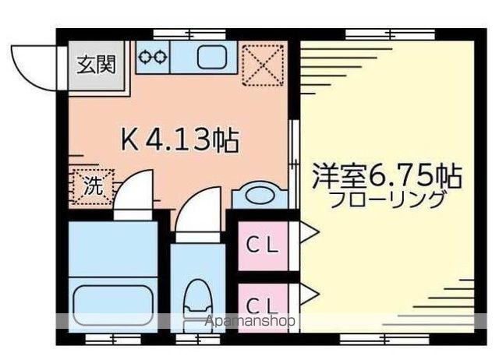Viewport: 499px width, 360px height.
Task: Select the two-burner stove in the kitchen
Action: coord(153,57)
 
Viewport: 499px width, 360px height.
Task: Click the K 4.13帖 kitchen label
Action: coord(179,140)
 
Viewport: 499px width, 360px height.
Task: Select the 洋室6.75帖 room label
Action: coord(387,175)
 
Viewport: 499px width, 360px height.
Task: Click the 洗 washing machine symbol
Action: coord(93,186)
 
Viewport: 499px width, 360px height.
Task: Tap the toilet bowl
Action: coord(198,300)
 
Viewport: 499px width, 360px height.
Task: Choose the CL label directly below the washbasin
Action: coord(264,244)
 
